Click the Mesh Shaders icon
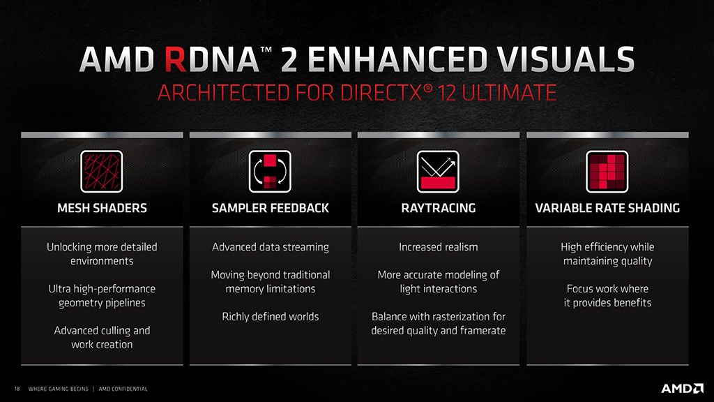pyautogui.click(x=102, y=172)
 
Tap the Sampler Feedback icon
pyautogui.click(x=270, y=172)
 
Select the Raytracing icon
pyautogui.click(x=438, y=172)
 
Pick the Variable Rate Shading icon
pyautogui.click(x=607, y=172)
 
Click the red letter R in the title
pyautogui.click(x=175, y=59)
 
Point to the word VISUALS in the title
pyautogui.click(x=565, y=59)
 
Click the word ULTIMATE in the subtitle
pyautogui.click(x=508, y=93)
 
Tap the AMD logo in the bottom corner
pyautogui.click(x=682, y=388)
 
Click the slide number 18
pyautogui.click(x=17, y=389)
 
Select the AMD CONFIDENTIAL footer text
pyautogui.click(x=123, y=389)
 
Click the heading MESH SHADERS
pyautogui.click(x=102, y=208)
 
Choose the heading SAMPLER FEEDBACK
pyautogui.click(x=271, y=208)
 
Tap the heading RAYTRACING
pyautogui.click(x=439, y=208)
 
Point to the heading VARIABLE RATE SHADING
pyautogui.click(x=607, y=208)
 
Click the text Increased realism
pyautogui.click(x=439, y=247)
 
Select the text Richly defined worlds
pyautogui.click(x=271, y=316)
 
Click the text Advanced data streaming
pyautogui.click(x=271, y=247)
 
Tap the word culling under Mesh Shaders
pyautogui.click(x=116, y=330)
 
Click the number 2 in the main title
pyautogui.click(x=289, y=59)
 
